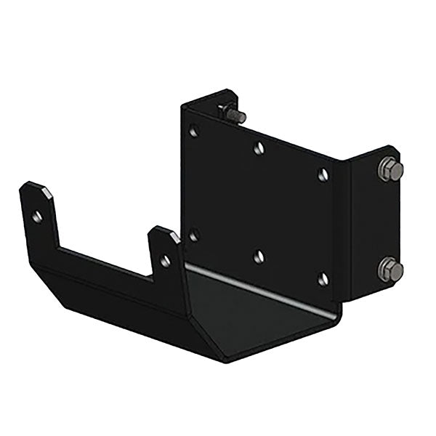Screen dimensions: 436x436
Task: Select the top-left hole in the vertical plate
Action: (x=193, y=132)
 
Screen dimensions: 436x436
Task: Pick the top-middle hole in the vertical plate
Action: (x=259, y=148)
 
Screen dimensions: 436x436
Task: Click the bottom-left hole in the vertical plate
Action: (x=193, y=235)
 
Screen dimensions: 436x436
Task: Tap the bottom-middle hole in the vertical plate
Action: (x=259, y=256)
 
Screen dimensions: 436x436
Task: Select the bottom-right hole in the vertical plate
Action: (x=323, y=278)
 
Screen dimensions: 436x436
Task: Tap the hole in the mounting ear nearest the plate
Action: (x=166, y=259)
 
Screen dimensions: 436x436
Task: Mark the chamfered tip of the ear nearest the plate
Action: (x=163, y=232)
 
